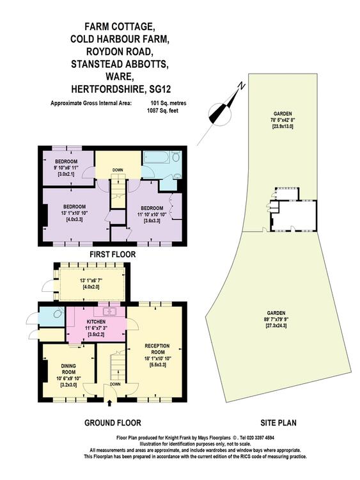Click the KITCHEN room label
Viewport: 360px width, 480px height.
point(96,322)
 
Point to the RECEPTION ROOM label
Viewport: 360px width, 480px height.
point(157,349)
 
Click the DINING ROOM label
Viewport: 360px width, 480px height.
point(68,369)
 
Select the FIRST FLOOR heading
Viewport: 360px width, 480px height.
point(113,254)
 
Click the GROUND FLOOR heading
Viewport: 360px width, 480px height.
point(113,423)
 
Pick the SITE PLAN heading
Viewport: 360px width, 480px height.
point(278,423)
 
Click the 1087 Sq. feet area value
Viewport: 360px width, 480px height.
point(162,111)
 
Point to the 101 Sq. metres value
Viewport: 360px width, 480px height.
point(168,103)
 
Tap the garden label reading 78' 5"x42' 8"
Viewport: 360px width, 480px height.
point(281,120)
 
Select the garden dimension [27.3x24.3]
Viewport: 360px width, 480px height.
point(276,325)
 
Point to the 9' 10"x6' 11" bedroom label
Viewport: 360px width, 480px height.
point(66,168)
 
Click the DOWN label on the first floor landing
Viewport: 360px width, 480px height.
point(118,170)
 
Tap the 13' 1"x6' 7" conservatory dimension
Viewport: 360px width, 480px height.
point(90,280)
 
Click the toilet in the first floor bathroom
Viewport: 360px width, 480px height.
point(176,157)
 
